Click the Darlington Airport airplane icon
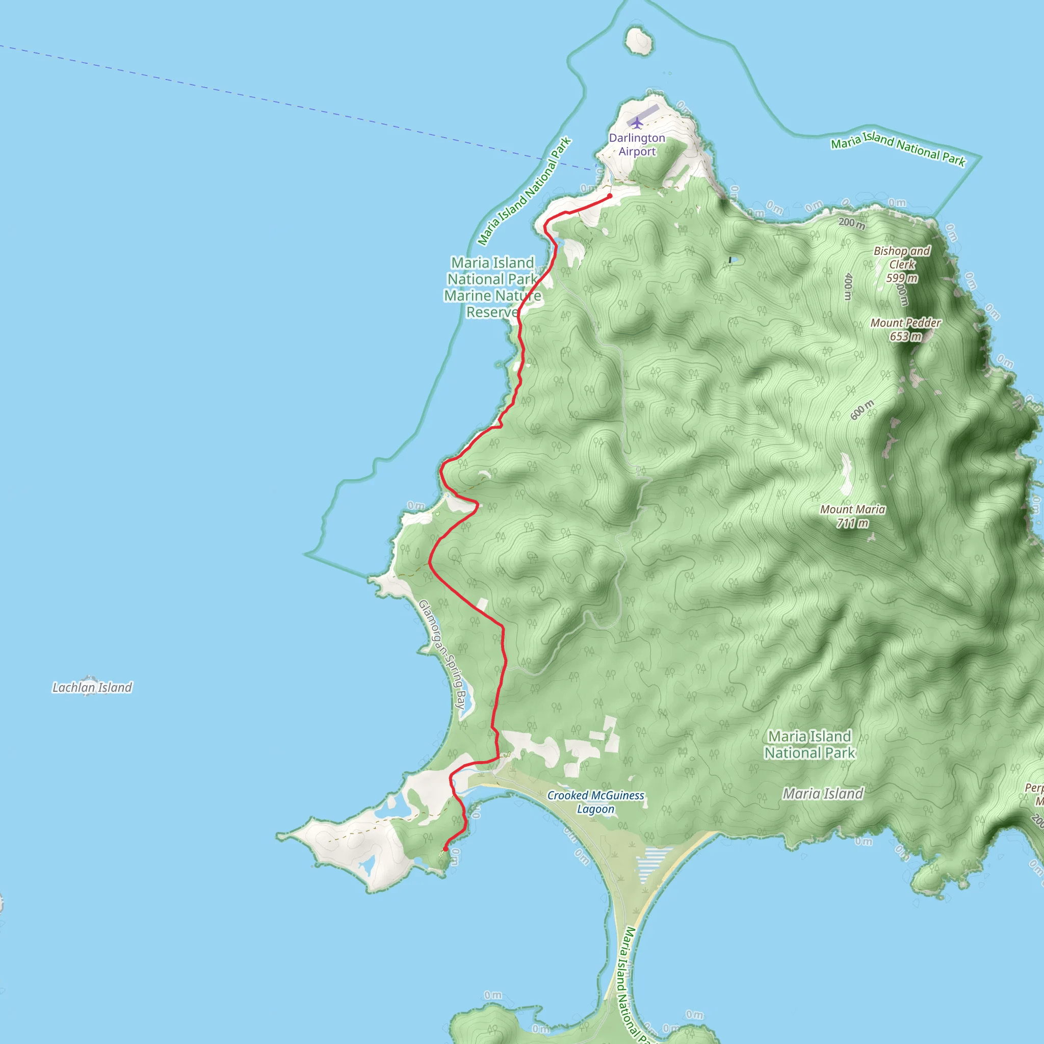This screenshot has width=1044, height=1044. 637,123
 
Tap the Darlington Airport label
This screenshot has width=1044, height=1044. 637,144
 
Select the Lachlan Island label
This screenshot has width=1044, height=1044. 92,687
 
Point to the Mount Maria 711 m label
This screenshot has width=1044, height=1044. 852,516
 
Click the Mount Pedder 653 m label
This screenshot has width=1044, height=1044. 906,330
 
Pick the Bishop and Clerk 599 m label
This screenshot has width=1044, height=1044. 902,264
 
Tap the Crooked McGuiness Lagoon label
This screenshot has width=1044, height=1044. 595,802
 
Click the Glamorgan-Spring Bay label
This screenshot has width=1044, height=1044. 442,655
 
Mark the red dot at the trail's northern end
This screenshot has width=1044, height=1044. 610,196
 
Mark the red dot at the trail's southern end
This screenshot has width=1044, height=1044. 445,849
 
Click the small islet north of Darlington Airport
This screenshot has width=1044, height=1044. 639,41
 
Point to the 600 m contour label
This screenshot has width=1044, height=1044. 862,410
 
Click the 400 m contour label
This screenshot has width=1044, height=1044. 848,286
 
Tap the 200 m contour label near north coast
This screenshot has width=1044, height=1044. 852,223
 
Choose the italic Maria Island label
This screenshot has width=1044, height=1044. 823,793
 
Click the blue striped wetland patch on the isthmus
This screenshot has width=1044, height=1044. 654,862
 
